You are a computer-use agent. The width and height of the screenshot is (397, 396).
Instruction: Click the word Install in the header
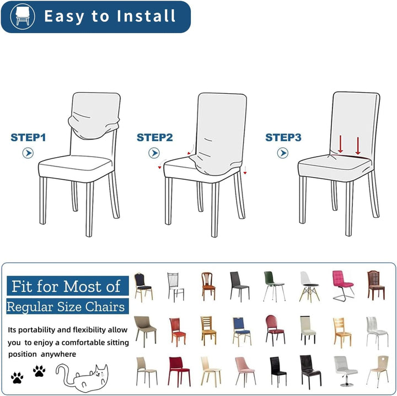pyautogui.click(x=146, y=16)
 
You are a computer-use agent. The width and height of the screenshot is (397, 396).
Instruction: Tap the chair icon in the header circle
pyautogui.click(x=23, y=15)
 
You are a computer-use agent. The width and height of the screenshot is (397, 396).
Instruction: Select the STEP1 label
pyautogui.click(x=28, y=137)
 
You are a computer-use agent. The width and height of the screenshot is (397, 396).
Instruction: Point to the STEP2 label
pyautogui.click(x=155, y=137)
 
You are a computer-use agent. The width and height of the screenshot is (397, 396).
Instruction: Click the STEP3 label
pyautogui.click(x=283, y=137)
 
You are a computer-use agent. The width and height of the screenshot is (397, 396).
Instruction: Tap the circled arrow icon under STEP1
pyautogui.click(x=28, y=153)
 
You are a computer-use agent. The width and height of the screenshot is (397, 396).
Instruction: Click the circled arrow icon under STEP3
pyautogui.click(x=282, y=153)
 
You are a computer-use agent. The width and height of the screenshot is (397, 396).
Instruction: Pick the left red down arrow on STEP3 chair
pyautogui.click(x=340, y=144)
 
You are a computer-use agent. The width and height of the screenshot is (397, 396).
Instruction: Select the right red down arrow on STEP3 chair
pyautogui.click(x=358, y=146)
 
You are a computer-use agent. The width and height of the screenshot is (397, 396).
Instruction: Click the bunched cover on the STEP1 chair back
pyautogui.click(x=94, y=125)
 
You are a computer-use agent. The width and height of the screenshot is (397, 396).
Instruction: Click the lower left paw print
pyautogui.click(x=17, y=377)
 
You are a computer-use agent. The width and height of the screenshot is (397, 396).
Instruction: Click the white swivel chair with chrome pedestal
pyautogui.click(x=344, y=371)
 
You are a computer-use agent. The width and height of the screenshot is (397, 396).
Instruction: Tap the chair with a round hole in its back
pyautogui.click(x=378, y=371)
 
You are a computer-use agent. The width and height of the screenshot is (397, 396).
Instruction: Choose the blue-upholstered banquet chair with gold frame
pyautogui.click(x=242, y=331)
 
